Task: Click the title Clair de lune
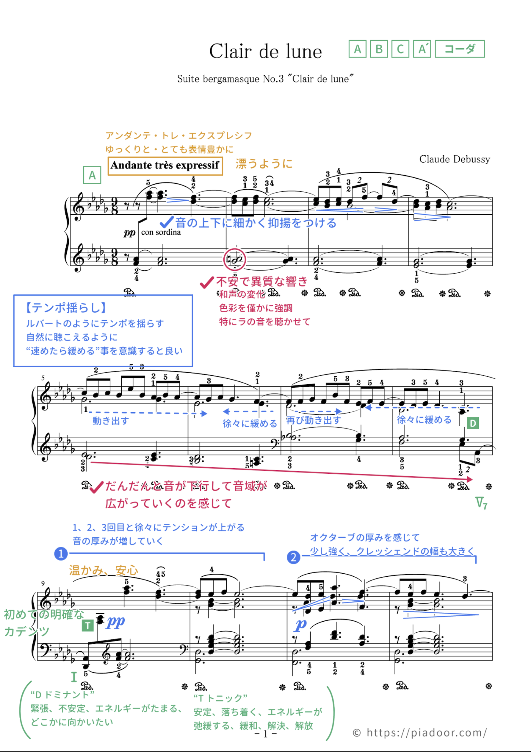tap(265, 52)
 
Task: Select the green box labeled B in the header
tap(379, 49)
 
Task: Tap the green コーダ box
tap(460, 49)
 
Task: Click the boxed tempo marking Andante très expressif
tap(165, 166)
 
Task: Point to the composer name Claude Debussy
tap(454, 159)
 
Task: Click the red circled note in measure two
tap(234, 259)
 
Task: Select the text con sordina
tap(161, 232)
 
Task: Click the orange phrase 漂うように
tap(264, 163)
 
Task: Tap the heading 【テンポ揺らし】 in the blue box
tap(65, 308)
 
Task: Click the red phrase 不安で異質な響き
tap(261, 281)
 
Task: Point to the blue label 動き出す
tap(111, 421)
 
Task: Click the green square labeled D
tap(473, 423)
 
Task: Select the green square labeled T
tap(87, 626)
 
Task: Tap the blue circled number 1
tap(61, 554)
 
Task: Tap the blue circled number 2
tap(293, 557)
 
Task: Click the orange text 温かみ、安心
tap(104, 570)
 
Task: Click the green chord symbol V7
tap(481, 503)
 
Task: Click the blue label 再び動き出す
tap(313, 420)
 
